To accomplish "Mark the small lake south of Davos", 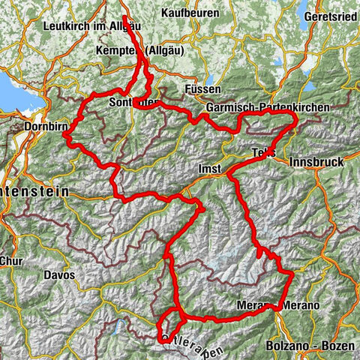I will [121, 325].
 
